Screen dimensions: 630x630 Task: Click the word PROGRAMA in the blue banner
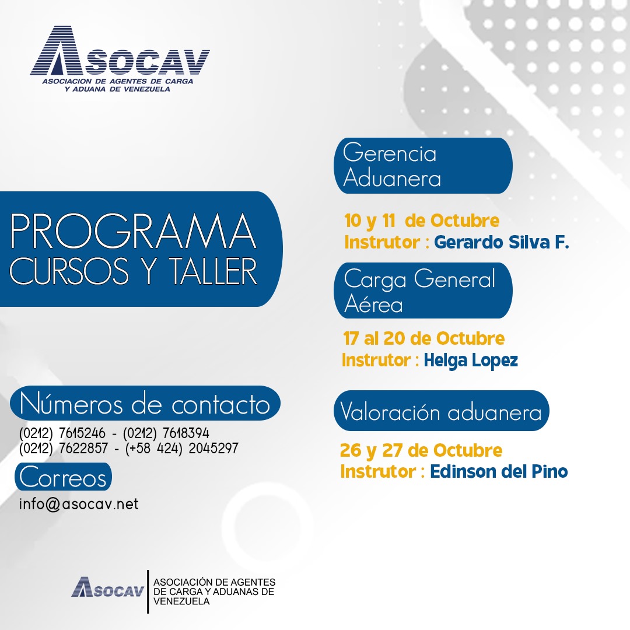pos(133,232)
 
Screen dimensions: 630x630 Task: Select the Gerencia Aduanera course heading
pos(391,166)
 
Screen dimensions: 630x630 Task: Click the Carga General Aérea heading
pos(419,290)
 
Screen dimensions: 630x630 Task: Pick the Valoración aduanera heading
pos(441,412)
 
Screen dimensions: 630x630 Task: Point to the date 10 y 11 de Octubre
pos(422,221)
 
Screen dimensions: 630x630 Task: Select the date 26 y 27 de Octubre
pos(421,451)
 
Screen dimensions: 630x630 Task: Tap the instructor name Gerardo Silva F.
pos(502,242)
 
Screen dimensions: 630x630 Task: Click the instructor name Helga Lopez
pos(471,360)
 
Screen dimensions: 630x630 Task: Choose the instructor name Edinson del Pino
pos(499,471)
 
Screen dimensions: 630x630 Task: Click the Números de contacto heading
pos(145,404)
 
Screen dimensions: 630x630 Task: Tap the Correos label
pos(63,477)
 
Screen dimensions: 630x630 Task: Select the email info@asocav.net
pos(79,504)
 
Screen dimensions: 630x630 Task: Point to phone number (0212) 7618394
pos(166,433)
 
